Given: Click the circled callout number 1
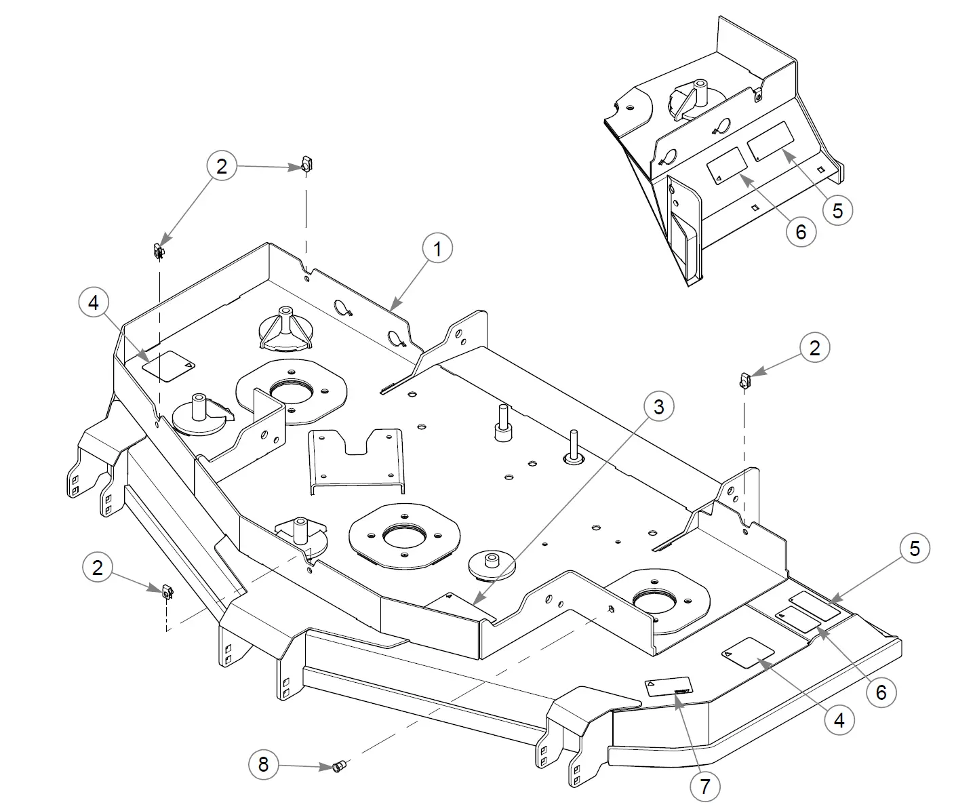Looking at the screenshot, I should [x=437, y=250].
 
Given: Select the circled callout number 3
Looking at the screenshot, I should [x=658, y=407].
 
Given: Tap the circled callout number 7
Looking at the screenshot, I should [x=704, y=787].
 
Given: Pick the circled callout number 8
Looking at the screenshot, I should [x=263, y=764].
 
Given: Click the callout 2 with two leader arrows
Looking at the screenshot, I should [x=222, y=166].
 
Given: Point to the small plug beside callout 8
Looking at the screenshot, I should [x=338, y=767].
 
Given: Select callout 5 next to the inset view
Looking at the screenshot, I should [x=837, y=210].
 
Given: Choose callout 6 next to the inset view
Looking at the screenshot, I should [x=801, y=232].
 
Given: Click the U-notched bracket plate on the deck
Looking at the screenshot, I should [x=356, y=458].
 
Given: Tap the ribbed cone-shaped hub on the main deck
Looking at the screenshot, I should [x=285, y=329].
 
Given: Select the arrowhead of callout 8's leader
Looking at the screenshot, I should [x=328, y=767].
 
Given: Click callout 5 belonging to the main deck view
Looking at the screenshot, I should [x=915, y=548].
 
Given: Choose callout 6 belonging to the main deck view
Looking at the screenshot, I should [x=881, y=692].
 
